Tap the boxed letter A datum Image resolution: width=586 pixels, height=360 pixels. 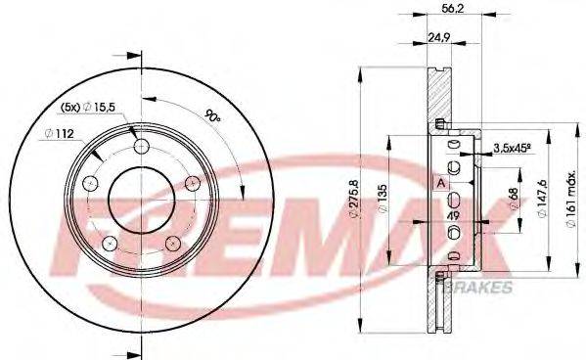440,183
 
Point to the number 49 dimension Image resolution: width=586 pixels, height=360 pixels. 453,216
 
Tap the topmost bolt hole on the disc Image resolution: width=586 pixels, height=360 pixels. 141,147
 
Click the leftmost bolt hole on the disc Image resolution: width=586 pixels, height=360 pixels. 91,184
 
